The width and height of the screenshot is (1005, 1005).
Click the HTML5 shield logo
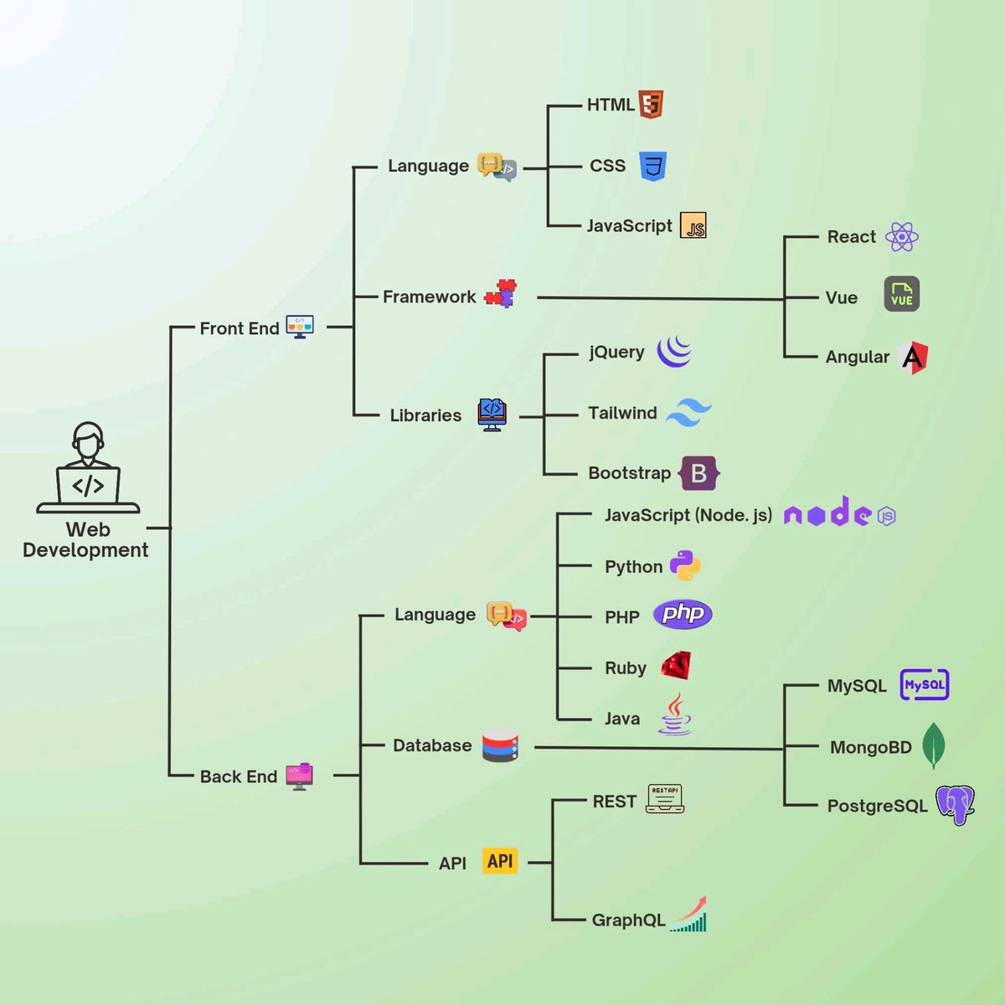[651, 104]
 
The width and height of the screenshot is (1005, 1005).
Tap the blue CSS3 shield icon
[652, 166]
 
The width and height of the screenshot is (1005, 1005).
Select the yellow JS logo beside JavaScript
[693, 225]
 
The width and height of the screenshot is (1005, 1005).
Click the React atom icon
[901, 237]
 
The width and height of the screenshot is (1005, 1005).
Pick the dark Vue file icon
[901, 294]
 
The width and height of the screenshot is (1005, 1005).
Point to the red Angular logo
[913, 358]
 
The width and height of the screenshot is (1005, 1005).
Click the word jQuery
[616, 352]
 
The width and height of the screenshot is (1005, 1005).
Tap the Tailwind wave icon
[689, 412]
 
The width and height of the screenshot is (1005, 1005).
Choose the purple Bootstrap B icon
[699, 473]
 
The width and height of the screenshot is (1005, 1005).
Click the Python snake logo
[685, 566]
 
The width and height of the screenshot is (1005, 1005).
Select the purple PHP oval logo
[683, 614]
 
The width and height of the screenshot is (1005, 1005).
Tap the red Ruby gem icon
[676, 667]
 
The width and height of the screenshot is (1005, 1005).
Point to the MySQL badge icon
[924, 685]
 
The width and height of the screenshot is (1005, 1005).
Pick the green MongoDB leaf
[933, 745]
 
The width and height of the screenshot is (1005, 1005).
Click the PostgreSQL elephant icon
[955, 805]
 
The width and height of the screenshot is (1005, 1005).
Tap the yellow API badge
[500, 861]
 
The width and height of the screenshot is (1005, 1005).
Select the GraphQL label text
[628, 920]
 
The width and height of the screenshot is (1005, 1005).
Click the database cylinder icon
[500, 745]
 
